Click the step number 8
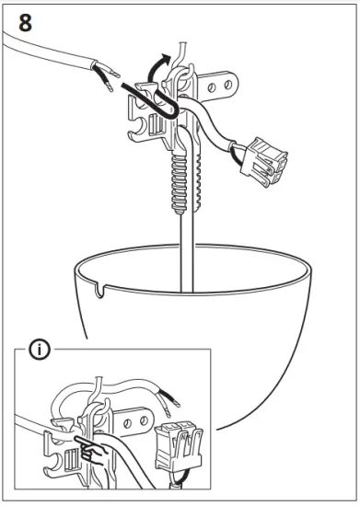[x=25, y=22]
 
